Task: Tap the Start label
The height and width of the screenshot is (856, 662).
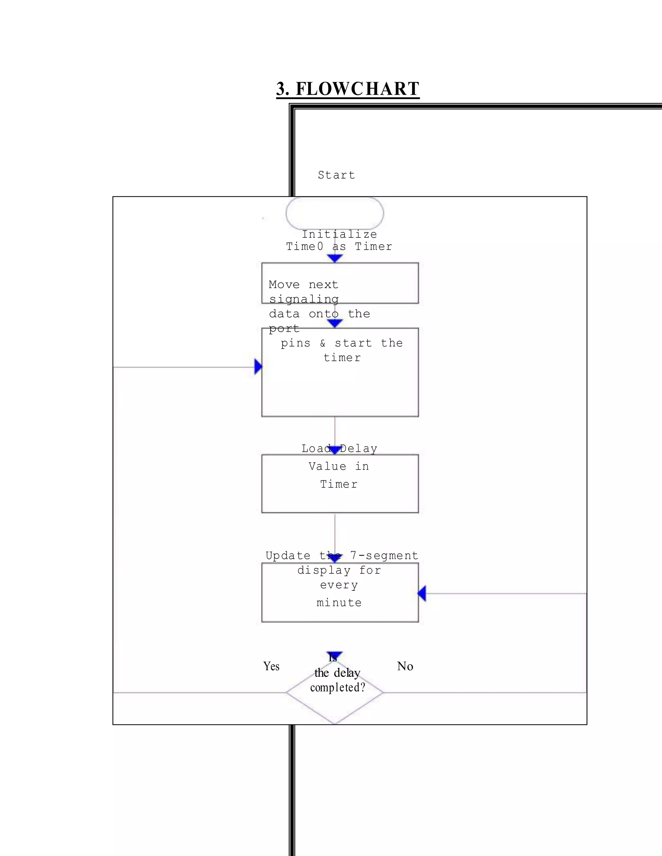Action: (336, 175)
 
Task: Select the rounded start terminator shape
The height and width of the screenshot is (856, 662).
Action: (335, 214)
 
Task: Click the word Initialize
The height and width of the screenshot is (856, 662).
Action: (339, 235)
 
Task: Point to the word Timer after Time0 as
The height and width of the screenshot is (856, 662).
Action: (373, 246)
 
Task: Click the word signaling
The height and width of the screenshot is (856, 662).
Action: (304, 299)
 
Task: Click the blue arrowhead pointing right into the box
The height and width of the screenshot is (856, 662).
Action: (258, 367)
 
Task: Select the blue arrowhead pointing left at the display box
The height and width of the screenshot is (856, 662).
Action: (422, 593)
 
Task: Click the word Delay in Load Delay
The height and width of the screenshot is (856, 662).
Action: (358, 448)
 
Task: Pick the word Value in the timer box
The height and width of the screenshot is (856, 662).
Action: (327, 466)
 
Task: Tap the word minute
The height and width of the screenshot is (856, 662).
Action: (339, 602)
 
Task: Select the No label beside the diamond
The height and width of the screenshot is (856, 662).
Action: (405, 666)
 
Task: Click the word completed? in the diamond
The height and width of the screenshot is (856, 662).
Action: (338, 687)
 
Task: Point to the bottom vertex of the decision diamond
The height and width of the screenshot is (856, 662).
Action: (335, 724)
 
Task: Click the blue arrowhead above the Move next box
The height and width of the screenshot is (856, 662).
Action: (335, 258)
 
